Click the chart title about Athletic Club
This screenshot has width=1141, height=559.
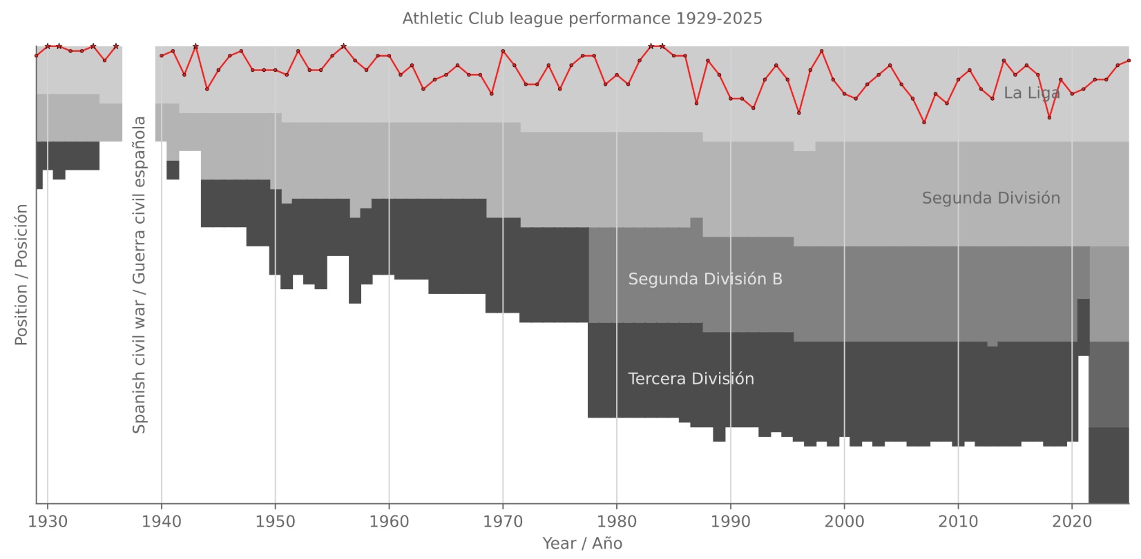[x=582, y=19]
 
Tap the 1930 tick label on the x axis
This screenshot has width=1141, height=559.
[x=48, y=522]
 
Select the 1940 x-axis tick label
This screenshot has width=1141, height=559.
[x=162, y=522]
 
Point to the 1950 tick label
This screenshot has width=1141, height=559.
[x=276, y=522]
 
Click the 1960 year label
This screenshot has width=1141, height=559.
[x=389, y=522]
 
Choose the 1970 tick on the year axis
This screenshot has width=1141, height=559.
[x=503, y=522]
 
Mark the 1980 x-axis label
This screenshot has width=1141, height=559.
[x=617, y=522]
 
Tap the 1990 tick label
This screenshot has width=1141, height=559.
[x=731, y=522]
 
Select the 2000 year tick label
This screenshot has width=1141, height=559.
[x=844, y=522]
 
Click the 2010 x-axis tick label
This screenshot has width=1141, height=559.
[x=958, y=522]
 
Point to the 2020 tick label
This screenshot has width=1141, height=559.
[x=1072, y=522]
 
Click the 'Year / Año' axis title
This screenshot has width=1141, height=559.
[x=582, y=544]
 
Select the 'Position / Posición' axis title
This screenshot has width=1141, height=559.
[x=21, y=275]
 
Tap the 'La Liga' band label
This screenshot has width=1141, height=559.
[x=1031, y=93]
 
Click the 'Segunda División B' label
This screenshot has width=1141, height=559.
[x=705, y=279]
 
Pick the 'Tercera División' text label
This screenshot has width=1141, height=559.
[x=691, y=379]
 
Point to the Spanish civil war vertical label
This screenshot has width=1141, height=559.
[x=140, y=275]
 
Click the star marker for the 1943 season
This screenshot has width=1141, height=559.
[x=195, y=46]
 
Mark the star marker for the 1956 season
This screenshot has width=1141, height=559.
[x=343, y=46]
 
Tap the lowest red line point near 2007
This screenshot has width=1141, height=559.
[x=924, y=122]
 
